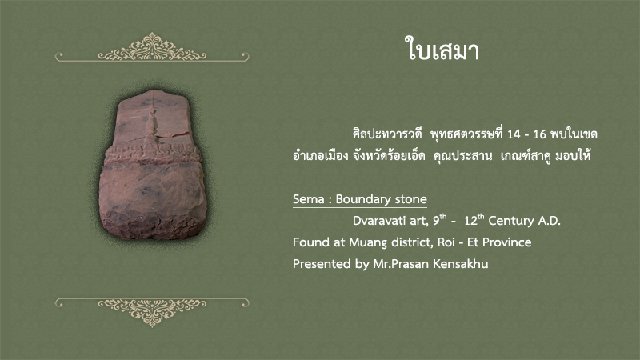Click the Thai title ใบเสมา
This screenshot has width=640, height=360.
pos(442,49)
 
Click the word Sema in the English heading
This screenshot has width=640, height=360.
pos(308,199)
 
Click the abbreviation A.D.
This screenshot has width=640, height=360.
pos(550,221)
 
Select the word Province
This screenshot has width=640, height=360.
pos(507,242)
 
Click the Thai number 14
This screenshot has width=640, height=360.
pos(514,134)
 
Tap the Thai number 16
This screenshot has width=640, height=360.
pos(539,134)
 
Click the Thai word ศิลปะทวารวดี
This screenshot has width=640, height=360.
pos(387,134)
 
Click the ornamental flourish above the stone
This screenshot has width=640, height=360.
pos(152,49)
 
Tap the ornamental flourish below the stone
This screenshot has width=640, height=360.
pos(152,310)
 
